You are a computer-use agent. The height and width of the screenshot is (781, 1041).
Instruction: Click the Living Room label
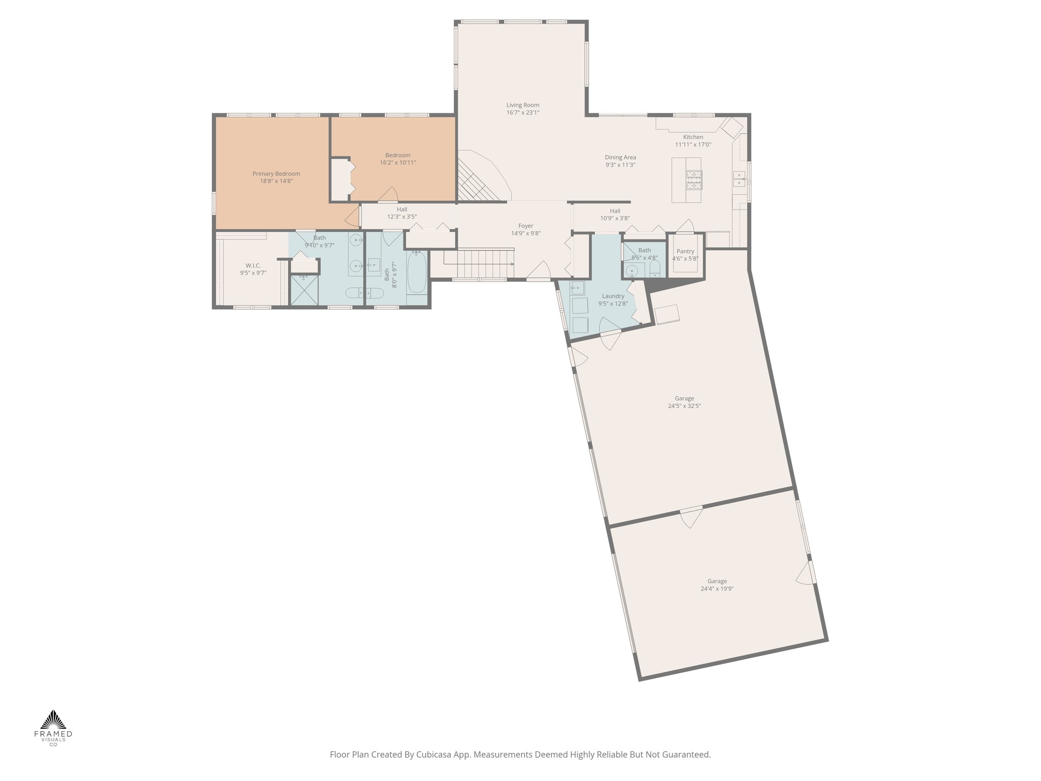(x=523, y=105)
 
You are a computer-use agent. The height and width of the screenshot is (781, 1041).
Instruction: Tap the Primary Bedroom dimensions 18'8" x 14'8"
(x=276, y=181)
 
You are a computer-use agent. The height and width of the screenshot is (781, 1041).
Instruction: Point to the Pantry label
(x=685, y=251)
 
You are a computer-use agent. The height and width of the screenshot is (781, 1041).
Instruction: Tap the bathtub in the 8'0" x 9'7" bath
(x=417, y=275)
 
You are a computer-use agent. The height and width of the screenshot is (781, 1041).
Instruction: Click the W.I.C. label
(x=253, y=265)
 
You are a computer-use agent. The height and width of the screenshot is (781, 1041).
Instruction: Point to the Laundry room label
(x=613, y=296)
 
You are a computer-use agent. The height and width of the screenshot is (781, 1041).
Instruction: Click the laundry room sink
(x=577, y=288)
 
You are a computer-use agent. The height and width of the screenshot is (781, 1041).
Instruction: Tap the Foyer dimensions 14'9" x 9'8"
(x=526, y=233)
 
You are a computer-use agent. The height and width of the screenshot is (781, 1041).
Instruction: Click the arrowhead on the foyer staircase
(x=511, y=264)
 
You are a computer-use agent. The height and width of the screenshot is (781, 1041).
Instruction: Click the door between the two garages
(x=691, y=516)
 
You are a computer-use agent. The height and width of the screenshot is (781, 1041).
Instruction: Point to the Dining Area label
(x=620, y=158)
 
